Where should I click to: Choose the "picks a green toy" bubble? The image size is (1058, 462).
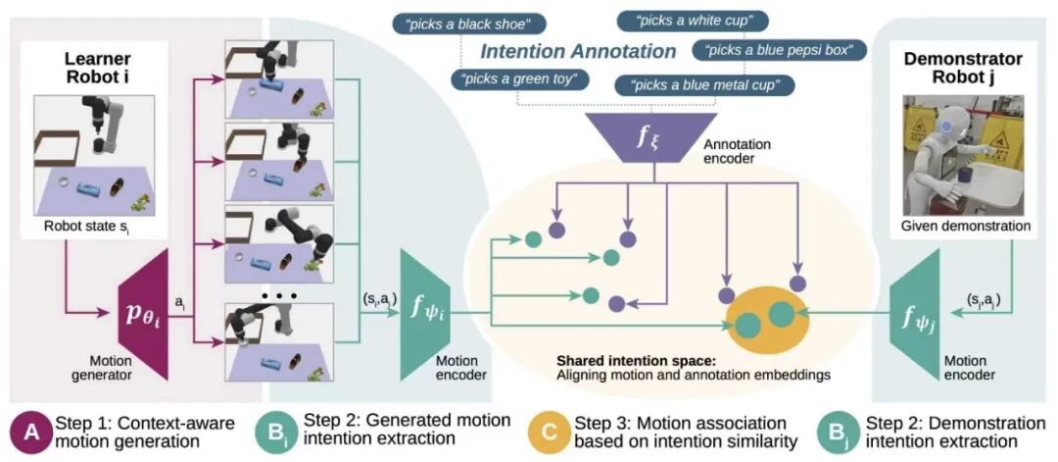(x=515, y=78)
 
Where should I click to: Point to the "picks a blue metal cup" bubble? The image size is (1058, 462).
(x=704, y=85)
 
